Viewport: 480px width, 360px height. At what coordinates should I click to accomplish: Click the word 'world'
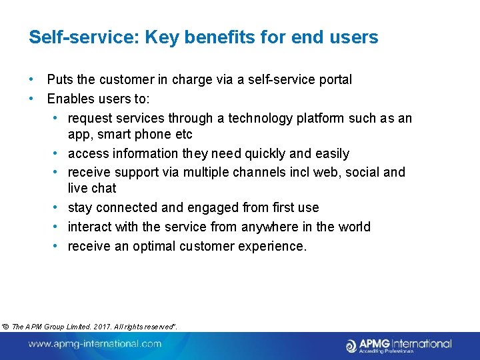click(353, 227)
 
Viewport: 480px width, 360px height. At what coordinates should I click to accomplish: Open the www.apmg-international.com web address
click(95, 344)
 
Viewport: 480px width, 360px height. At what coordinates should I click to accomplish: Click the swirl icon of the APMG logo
click(351, 345)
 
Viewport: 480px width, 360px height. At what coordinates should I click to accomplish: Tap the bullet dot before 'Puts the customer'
click(31, 80)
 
